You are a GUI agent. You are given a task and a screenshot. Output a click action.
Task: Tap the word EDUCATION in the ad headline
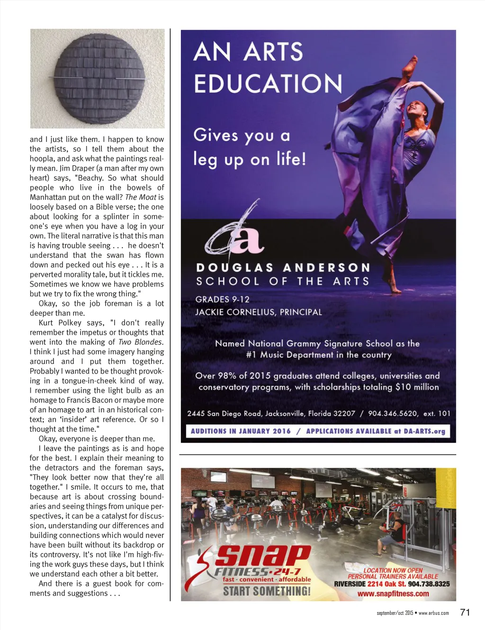tap(268, 84)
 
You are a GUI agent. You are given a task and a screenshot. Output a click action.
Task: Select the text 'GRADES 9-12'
tap(222, 299)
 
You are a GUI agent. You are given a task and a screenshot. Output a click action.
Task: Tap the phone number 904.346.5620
tap(393, 413)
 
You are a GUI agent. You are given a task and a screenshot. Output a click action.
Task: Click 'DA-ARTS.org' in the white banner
tap(424, 431)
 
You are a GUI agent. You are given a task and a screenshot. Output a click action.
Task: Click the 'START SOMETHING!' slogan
tap(267, 591)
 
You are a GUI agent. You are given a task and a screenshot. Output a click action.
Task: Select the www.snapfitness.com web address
tap(393, 593)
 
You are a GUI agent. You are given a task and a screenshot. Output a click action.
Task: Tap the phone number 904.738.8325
tap(429, 584)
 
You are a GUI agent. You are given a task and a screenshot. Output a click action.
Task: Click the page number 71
tap(465, 612)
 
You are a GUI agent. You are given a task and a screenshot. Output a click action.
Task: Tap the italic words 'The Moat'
tap(141, 197)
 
